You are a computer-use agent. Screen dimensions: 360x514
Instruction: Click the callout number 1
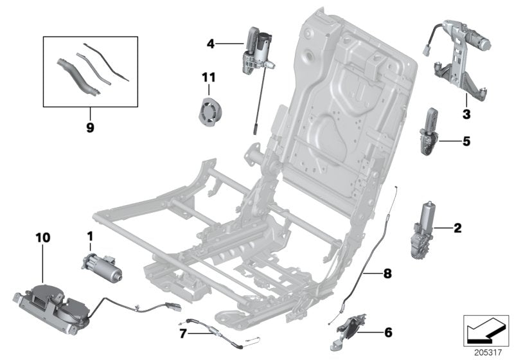(x=90, y=237)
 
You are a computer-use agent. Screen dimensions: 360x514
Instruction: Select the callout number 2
(x=457, y=228)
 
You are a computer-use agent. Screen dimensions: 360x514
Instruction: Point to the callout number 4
(x=210, y=44)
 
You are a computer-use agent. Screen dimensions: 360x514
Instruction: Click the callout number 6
(x=387, y=333)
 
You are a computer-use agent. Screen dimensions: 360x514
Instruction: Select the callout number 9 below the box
(x=89, y=127)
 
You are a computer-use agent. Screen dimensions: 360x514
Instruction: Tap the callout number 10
(x=43, y=239)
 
